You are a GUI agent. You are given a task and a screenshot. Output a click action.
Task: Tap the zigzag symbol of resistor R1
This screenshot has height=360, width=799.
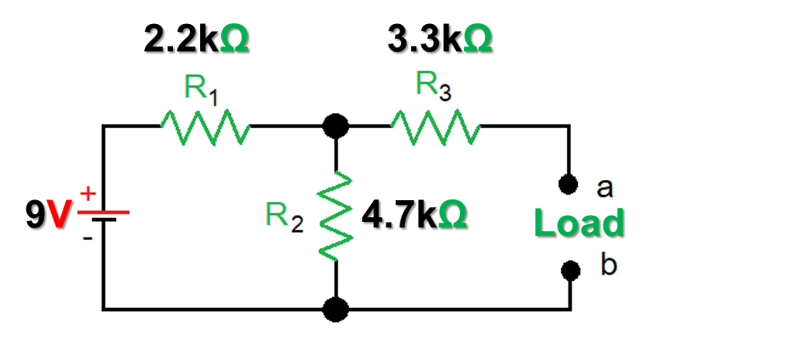[204, 126]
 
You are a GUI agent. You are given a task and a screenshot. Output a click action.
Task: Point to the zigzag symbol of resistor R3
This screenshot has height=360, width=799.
[436, 126]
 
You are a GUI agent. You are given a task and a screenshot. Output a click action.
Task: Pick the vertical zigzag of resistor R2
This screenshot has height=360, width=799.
[335, 217]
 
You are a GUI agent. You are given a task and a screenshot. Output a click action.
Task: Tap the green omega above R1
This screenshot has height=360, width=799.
[234, 40]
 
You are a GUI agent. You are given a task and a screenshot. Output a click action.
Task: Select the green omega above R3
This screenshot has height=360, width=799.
[477, 40]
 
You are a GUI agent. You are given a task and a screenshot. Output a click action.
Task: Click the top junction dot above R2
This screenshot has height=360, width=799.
[335, 125]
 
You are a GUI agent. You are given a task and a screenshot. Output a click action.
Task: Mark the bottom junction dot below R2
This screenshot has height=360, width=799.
[335, 310]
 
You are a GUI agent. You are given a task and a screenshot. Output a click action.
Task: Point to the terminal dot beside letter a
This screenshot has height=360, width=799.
[570, 184]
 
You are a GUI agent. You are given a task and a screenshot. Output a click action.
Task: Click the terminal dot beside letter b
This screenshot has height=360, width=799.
[570, 269]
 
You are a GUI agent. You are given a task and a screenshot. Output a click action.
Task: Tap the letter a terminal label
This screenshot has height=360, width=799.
[604, 187]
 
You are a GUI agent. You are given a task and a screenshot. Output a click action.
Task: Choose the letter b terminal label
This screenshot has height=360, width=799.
[608, 265]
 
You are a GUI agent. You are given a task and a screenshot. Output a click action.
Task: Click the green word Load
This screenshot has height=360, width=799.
[579, 224]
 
